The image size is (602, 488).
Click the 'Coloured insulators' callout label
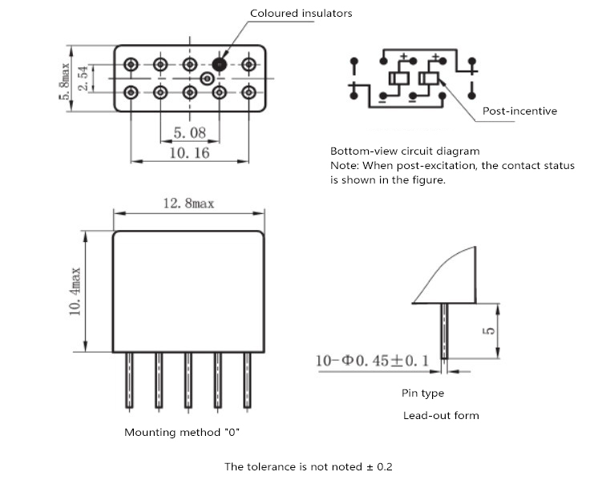click(x=301, y=13)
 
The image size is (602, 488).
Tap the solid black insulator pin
click(x=219, y=64)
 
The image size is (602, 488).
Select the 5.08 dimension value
click(x=190, y=133)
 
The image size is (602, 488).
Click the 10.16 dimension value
click(x=190, y=153)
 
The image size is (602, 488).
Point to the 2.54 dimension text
click(x=83, y=79)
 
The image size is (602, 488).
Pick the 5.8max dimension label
click(x=64, y=82)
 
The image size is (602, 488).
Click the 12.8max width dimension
click(x=188, y=203)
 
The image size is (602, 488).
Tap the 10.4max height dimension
click(x=75, y=292)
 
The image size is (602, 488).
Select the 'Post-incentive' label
click(x=520, y=111)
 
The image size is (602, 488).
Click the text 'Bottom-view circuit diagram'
click(x=405, y=151)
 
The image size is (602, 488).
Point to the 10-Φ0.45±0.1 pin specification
click(x=372, y=361)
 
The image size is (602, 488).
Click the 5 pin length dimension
click(x=490, y=331)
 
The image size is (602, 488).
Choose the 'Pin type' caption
click(x=422, y=393)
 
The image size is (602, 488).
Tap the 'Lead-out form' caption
click(x=441, y=416)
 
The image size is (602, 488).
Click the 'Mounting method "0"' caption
click(x=182, y=433)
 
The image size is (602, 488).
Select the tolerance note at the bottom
click(x=309, y=467)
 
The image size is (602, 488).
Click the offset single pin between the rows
click(x=208, y=79)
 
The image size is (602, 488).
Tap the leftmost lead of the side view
click(x=129, y=380)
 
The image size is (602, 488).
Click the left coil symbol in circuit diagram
click(x=399, y=79)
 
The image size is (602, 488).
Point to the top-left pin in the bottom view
click(x=131, y=64)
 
